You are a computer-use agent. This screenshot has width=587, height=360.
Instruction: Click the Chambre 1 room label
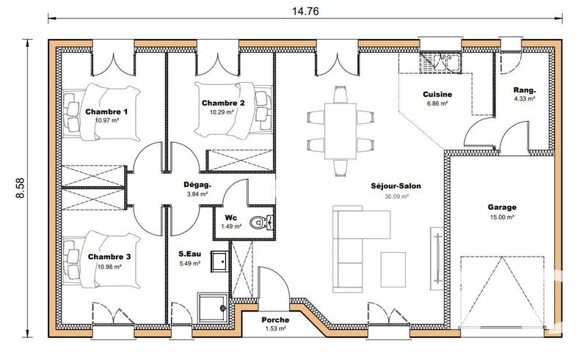click(106, 112)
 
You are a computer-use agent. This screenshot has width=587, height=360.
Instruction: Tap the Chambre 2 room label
click(222, 103)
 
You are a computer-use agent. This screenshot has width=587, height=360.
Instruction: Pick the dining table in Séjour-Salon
click(338, 128)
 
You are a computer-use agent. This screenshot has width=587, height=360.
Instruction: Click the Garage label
click(502, 207)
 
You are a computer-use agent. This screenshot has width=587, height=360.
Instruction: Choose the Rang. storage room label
click(524, 89)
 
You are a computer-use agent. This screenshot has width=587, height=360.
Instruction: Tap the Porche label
click(275, 320)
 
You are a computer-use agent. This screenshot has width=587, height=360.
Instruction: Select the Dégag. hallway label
click(197, 185)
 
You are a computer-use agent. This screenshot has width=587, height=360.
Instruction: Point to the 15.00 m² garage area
click(502, 217)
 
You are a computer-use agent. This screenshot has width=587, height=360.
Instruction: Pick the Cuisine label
click(437, 95)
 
